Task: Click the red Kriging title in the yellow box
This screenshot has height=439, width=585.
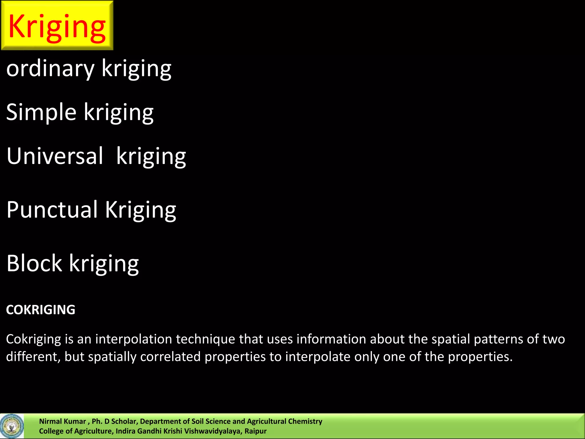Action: coord(57,26)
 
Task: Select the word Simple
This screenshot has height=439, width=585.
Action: coord(41,112)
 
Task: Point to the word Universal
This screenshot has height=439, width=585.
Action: coord(55,156)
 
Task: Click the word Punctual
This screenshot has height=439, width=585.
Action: coord(52,209)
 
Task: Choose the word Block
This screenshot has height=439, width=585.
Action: coord(34,263)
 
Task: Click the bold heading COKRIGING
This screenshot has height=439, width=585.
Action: coord(41,310)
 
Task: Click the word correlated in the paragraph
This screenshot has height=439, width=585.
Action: coord(170,357)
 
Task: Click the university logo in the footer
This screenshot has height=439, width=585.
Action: coord(12,426)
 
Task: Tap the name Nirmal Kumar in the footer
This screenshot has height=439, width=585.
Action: coord(62,421)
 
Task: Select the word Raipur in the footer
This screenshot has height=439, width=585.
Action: coord(255,431)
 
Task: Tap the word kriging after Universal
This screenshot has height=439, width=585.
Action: coord(151,156)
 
